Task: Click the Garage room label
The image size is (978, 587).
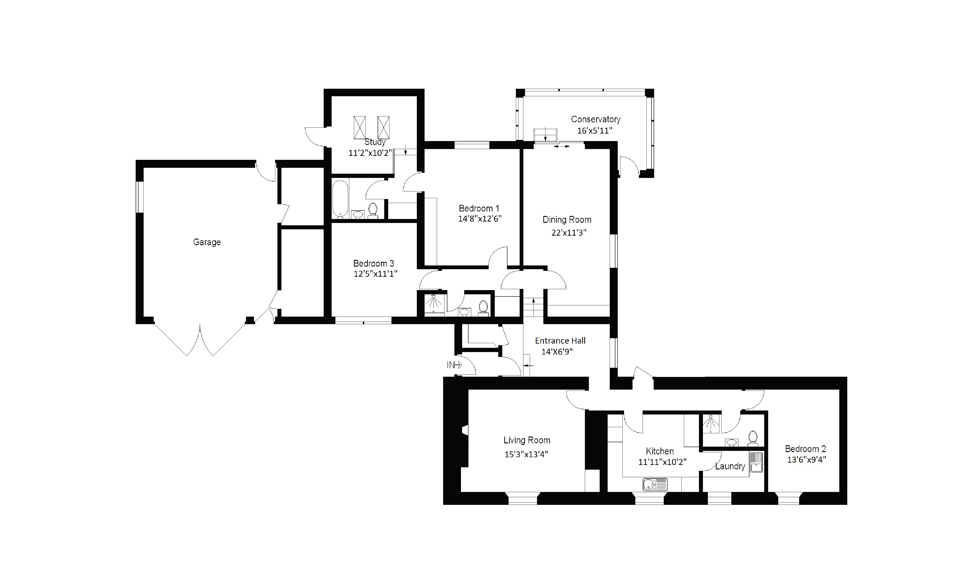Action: point(207,242)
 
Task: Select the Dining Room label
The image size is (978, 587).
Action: point(567,219)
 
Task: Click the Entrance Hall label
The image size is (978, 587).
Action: point(560,341)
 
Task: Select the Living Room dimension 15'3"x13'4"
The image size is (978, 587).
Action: point(526,454)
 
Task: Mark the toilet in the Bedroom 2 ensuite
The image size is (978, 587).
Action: point(753,438)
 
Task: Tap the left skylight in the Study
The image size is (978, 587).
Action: point(360,127)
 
